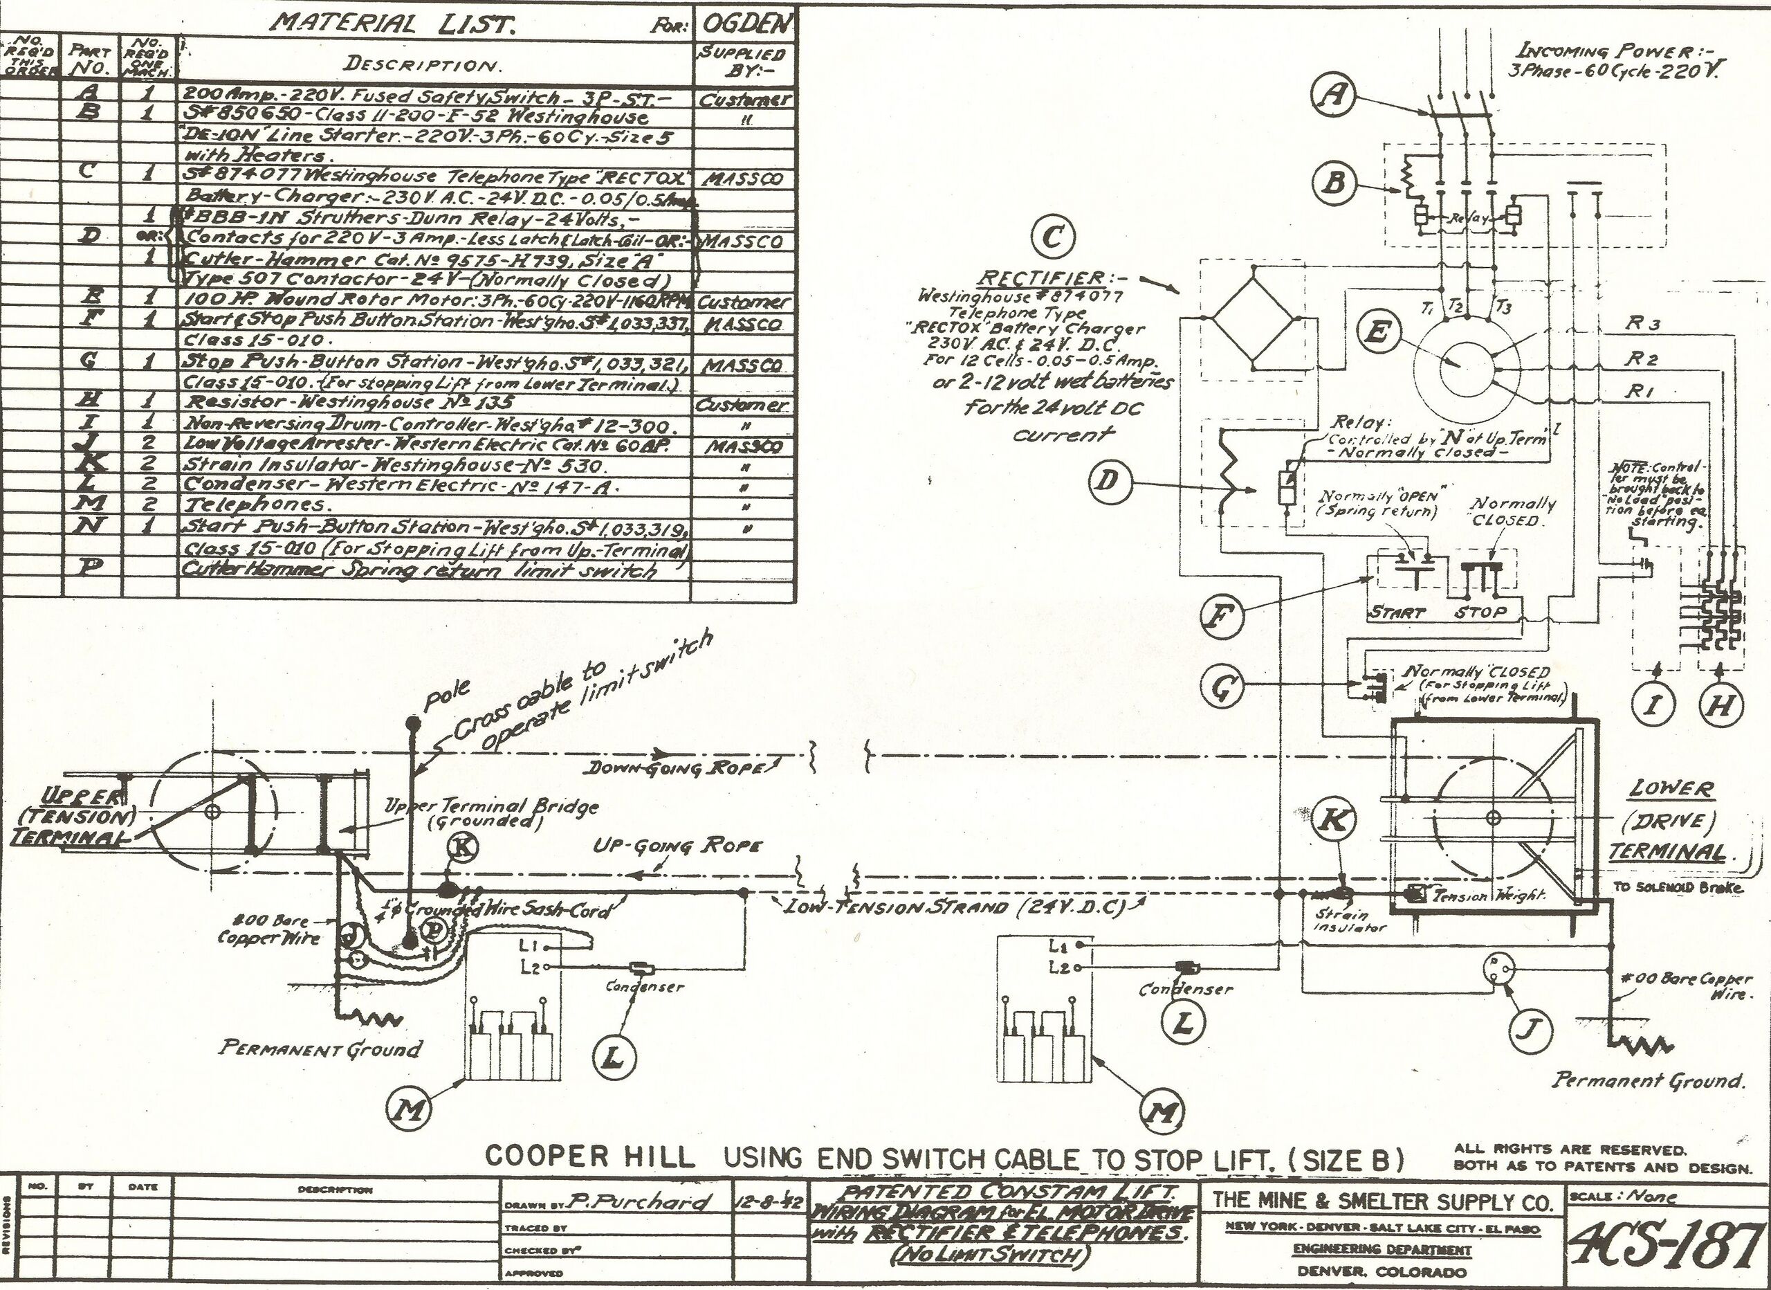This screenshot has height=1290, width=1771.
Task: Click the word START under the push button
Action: pyautogui.click(x=1397, y=612)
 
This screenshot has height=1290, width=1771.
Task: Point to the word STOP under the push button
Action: pyautogui.click(x=1480, y=612)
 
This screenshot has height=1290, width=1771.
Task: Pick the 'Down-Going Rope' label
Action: pyautogui.click(x=675, y=768)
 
